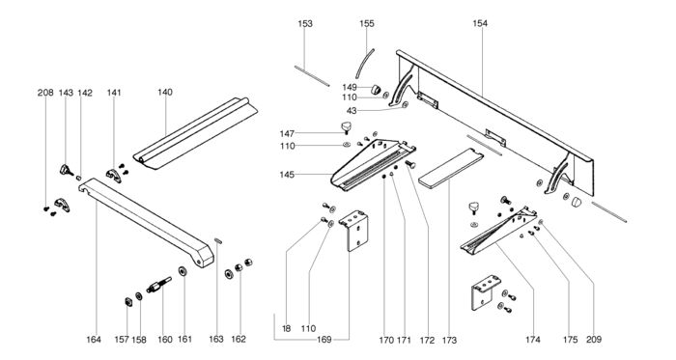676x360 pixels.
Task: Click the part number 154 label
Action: tap(480, 23)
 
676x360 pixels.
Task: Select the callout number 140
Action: tap(165, 92)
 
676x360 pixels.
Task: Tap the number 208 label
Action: tap(45, 93)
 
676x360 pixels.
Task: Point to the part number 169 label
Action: tap(324, 340)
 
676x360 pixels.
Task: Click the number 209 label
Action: tap(594, 340)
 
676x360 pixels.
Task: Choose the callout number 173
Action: tap(449, 340)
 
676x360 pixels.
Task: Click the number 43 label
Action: tap(352, 111)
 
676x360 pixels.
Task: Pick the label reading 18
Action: tap(286, 328)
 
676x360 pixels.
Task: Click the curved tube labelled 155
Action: tap(364, 64)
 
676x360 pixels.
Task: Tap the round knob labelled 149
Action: tap(376, 90)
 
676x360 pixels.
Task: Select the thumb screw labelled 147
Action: tap(346, 127)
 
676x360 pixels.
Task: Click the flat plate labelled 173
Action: tap(451, 168)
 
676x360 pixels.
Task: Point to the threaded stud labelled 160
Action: tap(159, 285)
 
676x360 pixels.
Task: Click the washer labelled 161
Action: tap(183, 271)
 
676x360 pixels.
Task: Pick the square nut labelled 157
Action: tap(128, 301)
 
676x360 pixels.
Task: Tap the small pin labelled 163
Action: tap(218, 240)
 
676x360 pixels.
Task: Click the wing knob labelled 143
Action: tap(66, 170)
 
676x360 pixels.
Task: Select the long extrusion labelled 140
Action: tap(195, 133)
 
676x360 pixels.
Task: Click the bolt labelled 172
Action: tap(410, 164)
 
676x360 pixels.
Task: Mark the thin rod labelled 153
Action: tap(312, 76)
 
